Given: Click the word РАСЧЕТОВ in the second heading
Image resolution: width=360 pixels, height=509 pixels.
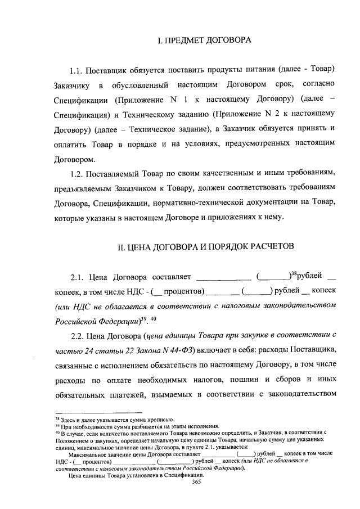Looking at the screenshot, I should coord(271,246).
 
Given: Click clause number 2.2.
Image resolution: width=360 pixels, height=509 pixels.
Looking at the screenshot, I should coord(78,335).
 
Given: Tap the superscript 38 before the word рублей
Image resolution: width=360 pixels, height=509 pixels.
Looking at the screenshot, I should coord(292,274).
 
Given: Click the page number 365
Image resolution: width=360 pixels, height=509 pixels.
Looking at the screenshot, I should coord(196,482).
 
